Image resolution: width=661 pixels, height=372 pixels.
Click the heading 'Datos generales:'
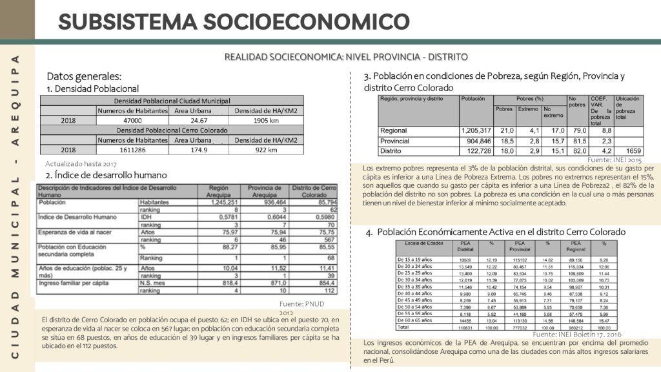pos(84,76)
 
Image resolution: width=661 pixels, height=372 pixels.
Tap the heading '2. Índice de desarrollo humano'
pos(107,175)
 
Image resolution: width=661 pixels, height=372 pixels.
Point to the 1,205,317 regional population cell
pos(476,130)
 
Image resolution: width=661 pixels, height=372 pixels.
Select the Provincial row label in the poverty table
pos(395,141)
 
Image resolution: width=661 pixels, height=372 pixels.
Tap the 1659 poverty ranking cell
pos(634,151)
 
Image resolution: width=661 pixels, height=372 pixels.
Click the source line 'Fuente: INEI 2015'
pos(615,159)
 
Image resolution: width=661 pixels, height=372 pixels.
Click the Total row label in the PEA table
pos(403,327)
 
